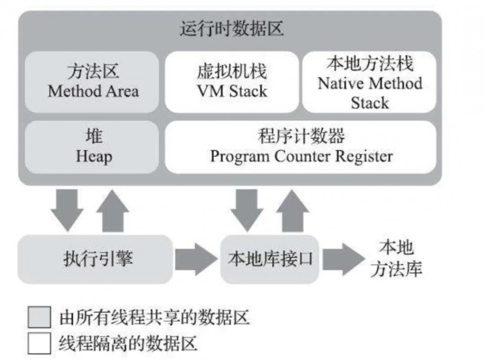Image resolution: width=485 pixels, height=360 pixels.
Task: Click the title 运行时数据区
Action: tap(231, 30)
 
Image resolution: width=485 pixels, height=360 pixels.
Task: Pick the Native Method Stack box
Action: tap(370, 82)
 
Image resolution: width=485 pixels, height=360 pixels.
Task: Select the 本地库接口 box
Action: tap(270, 260)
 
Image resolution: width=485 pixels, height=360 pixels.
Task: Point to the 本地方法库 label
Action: tap(396, 260)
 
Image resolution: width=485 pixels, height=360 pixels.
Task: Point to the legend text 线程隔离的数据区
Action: tap(128, 344)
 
